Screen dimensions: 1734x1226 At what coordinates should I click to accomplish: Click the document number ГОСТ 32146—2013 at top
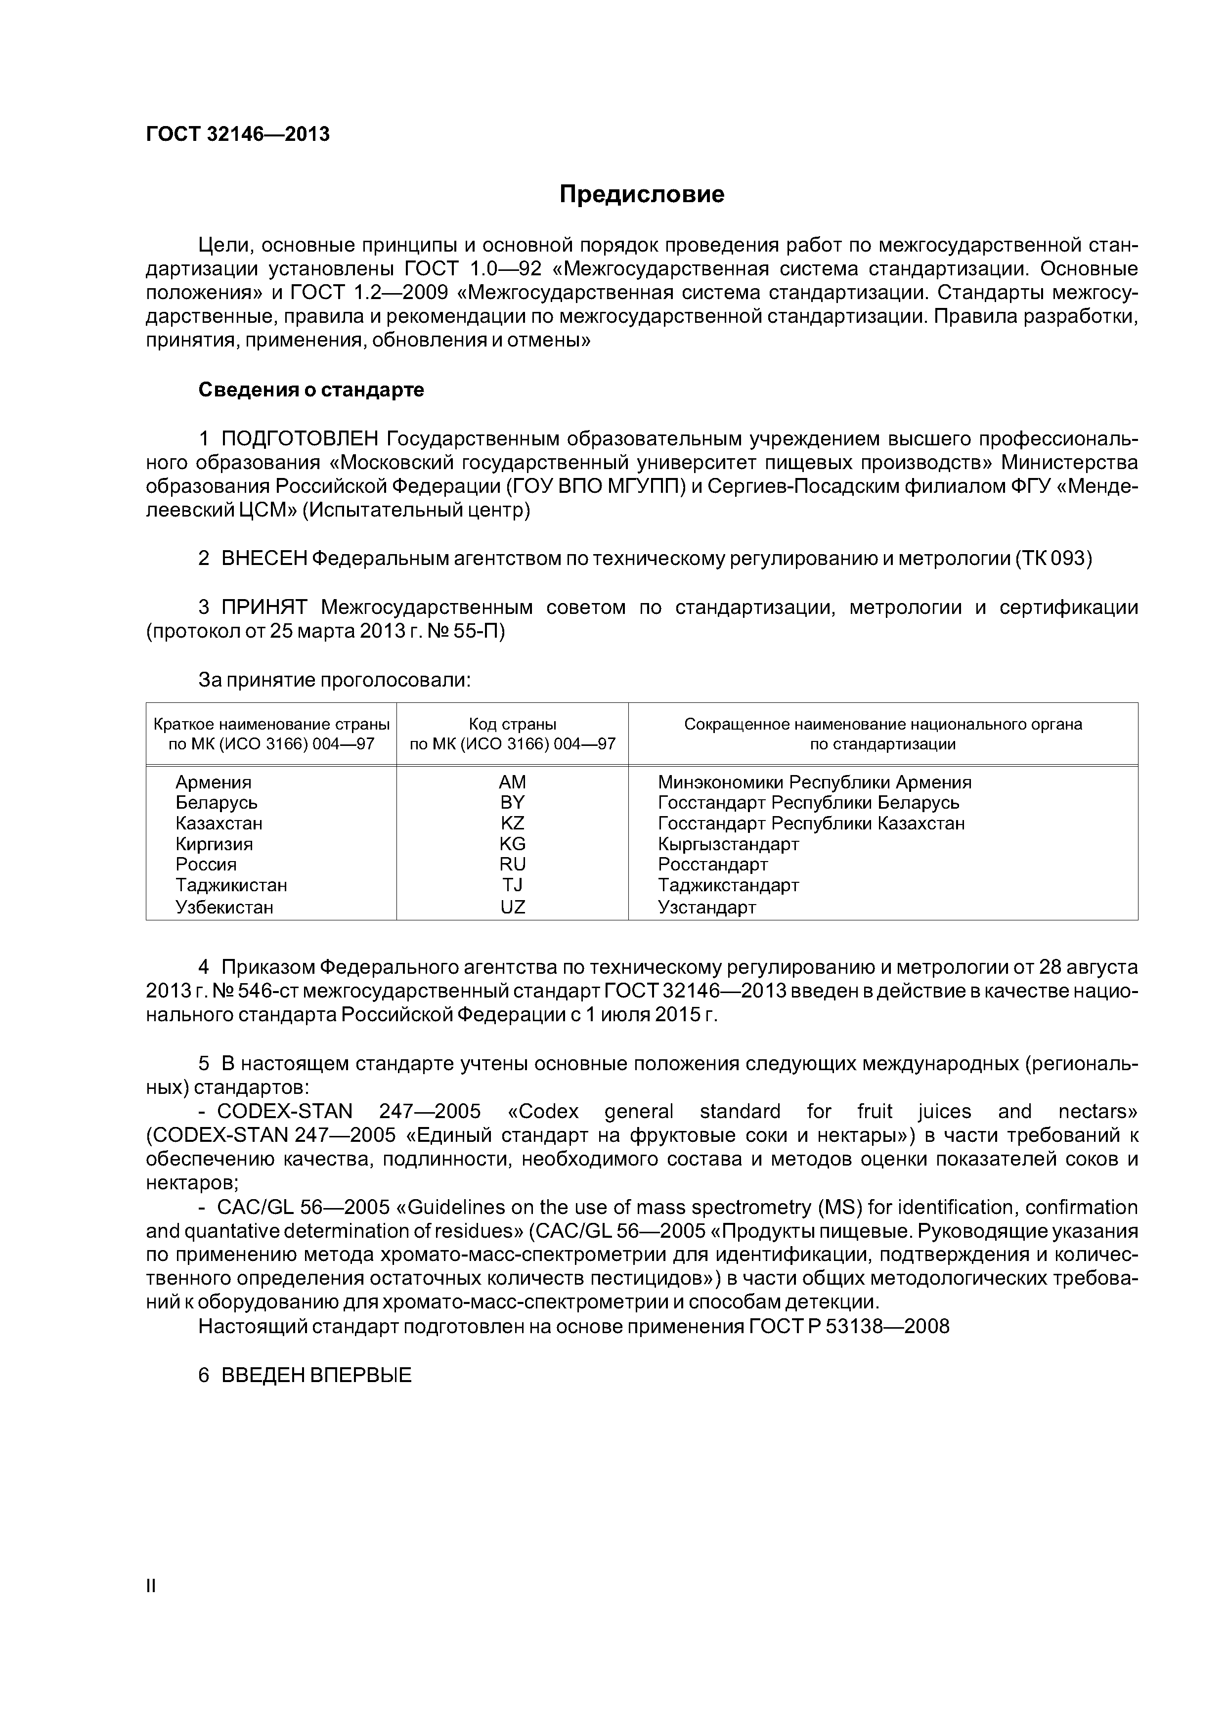[238, 134]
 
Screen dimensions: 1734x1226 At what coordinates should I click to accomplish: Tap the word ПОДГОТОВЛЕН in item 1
[300, 439]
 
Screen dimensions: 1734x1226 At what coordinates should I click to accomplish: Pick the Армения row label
[214, 782]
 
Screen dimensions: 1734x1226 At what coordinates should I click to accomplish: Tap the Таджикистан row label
[231, 885]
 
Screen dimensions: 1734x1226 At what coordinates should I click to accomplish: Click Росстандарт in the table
[712, 865]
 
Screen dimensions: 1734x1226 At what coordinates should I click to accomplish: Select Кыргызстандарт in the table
[728, 844]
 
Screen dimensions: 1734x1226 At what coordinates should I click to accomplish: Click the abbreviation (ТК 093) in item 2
[1054, 559]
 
